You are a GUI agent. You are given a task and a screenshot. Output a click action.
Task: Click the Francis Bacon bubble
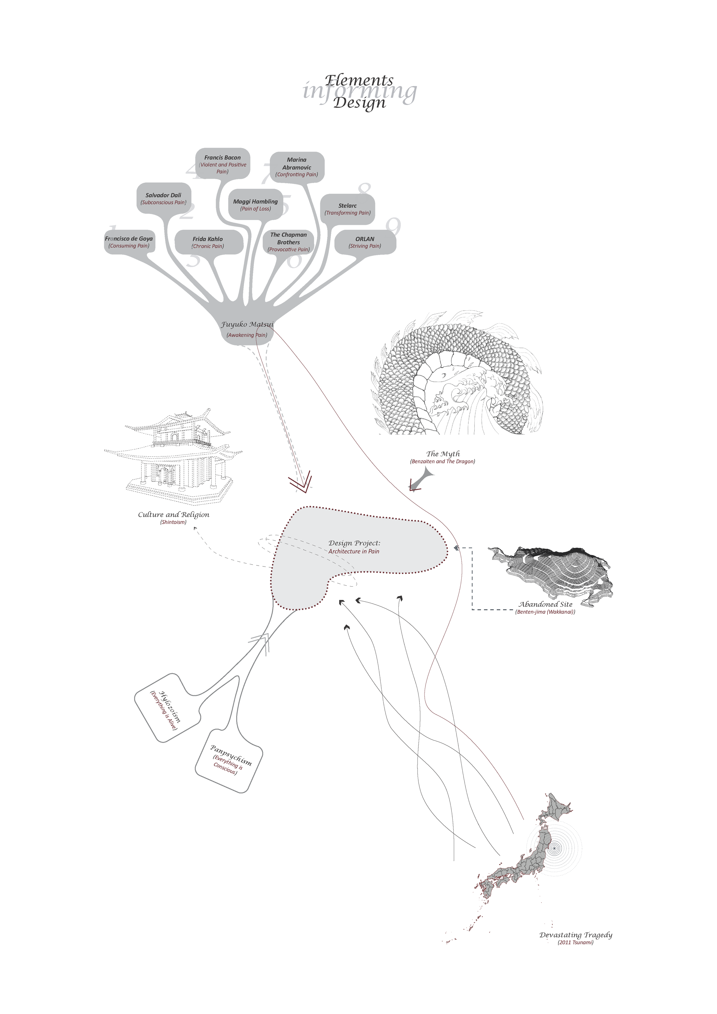[223, 164]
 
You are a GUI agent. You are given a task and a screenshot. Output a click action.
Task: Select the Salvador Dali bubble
[163, 198]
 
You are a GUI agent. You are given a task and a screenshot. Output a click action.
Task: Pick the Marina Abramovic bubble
[297, 167]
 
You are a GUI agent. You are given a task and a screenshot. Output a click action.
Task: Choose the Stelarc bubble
[348, 209]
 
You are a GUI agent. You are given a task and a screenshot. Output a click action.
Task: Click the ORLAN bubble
[365, 242]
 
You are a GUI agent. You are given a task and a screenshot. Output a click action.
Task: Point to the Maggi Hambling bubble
[256, 205]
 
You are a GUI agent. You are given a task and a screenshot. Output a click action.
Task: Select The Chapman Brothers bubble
[288, 242]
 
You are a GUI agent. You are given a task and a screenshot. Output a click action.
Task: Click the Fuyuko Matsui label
[247, 325]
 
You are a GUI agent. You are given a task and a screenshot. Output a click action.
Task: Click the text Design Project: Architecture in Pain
[354, 547]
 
